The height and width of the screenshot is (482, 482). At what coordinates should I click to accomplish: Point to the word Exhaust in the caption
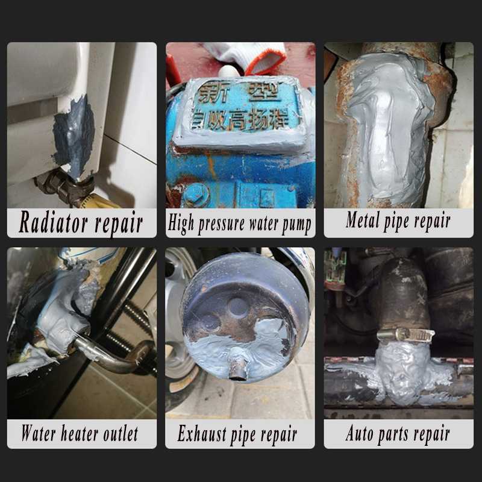203,433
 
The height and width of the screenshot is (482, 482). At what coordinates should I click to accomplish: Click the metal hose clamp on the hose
405,334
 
